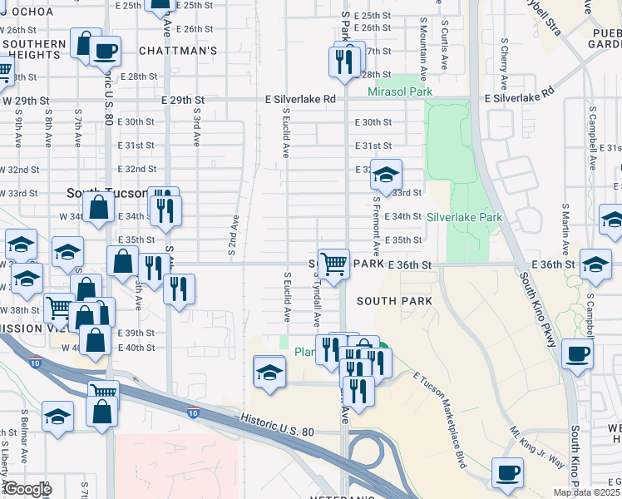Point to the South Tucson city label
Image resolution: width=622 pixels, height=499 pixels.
[x=93, y=193]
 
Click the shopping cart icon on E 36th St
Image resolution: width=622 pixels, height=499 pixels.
[x=333, y=264]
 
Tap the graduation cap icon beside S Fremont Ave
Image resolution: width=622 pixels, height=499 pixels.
[x=385, y=175]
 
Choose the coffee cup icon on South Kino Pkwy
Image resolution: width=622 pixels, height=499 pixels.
[x=578, y=354]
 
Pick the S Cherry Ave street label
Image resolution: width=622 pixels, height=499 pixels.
[x=504, y=63]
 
